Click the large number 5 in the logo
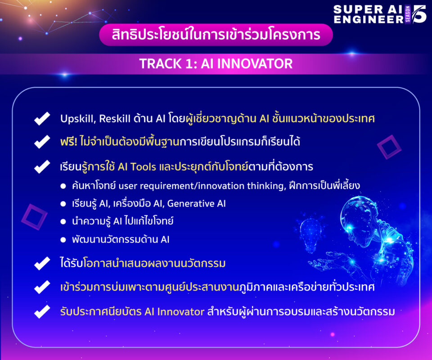[x=419, y=14]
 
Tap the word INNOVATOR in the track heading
[x=255, y=63]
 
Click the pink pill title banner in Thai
[x=216, y=35]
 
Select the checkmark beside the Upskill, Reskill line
[x=42, y=119]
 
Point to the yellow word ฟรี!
[x=68, y=142]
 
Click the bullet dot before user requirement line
[x=63, y=186]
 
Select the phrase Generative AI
[x=197, y=203]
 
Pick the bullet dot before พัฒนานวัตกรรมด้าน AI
[x=63, y=240]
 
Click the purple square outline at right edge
[x=389, y=147]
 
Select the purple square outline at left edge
[x=35, y=217]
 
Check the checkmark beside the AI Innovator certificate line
[x=42, y=312]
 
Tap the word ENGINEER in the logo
[x=369, y=19]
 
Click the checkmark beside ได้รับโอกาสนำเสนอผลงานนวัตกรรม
[x=42, y=263]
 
